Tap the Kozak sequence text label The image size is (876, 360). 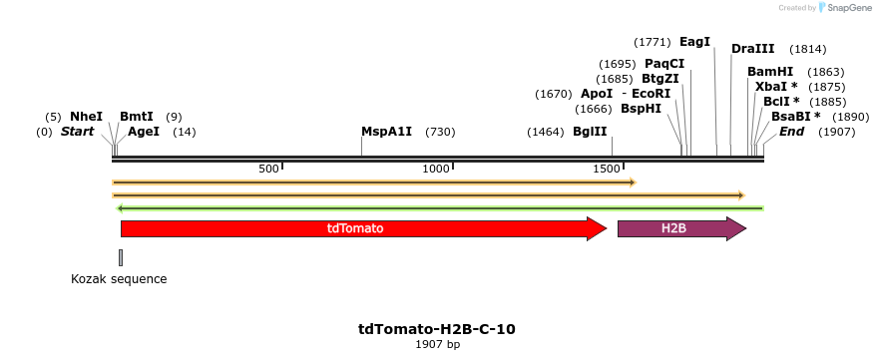[x=119, y=279]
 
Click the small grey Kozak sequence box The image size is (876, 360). [x=121, y=257]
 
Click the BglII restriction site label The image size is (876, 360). [x=590, y=132]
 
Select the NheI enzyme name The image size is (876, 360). [x=86, y=117]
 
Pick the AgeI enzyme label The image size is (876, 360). [x=144, y=132]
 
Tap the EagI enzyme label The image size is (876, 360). [x=694, y=42]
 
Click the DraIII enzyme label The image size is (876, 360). [x=752, y=48]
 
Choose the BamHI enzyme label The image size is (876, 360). [x=770, y=72]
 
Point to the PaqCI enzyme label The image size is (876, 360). [x=664, y=64]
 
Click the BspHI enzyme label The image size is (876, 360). [x=641, y=109]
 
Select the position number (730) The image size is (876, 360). [x=440, y=132]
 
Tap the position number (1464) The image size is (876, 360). [x=545, y=132]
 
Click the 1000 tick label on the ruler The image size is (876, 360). [x=436, y=170]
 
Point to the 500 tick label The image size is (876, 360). [x=268, y=170]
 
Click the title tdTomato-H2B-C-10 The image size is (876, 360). [x=437, y=328]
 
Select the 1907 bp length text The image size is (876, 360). [x=437, y=345]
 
